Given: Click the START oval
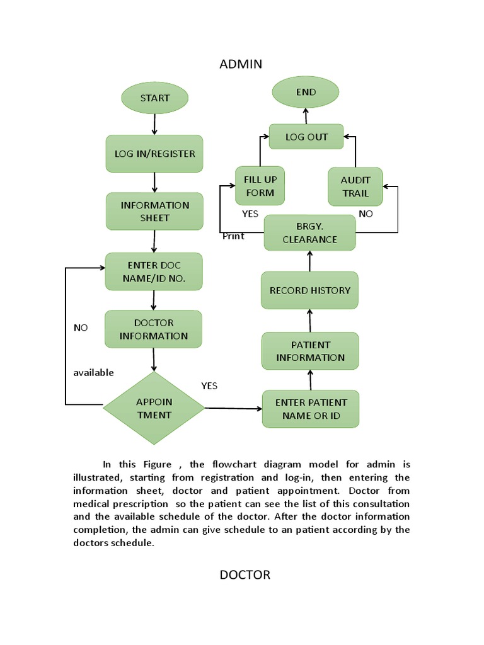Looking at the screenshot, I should pos(154,98).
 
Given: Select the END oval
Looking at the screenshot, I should pos(306,93).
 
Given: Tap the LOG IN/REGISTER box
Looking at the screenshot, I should pos(154,154).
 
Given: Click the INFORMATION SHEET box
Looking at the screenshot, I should pos(154,211).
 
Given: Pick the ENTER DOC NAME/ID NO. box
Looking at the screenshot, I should pos(154,271).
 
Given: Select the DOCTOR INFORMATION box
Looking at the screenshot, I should pos(154,329).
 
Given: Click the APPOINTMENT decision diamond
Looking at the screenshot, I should pos(154,408).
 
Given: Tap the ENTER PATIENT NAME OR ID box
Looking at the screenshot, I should pos(310,409).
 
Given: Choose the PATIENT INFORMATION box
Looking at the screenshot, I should pos(310,351).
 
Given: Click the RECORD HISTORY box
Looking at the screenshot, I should pos(309,290).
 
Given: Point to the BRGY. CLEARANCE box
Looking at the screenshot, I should pos(309,233).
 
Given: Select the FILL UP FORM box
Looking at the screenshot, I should pos(260,186).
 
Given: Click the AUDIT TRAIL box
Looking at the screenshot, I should pos(355,186).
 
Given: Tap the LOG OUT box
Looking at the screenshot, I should pos(307,137).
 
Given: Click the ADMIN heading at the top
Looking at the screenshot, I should pos(241,64).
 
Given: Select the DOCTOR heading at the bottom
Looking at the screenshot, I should pos(245,574).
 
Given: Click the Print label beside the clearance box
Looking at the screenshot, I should pos(233,236).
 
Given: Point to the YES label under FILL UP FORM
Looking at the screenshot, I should pos(250,214).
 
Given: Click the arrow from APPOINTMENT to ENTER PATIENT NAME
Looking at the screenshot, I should pos(233,408).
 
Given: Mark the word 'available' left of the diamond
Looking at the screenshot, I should pos(93,372).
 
